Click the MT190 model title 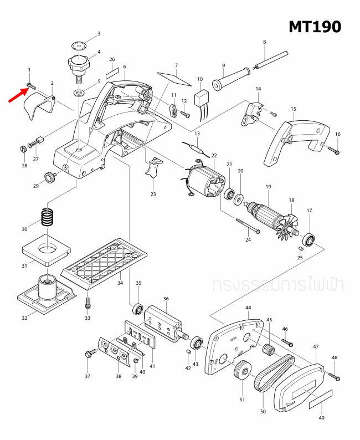314,26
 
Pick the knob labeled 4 78,62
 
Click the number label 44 248,308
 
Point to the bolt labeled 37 89,354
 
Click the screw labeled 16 333,149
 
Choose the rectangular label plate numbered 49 318,398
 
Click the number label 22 214,156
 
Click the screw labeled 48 336,376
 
